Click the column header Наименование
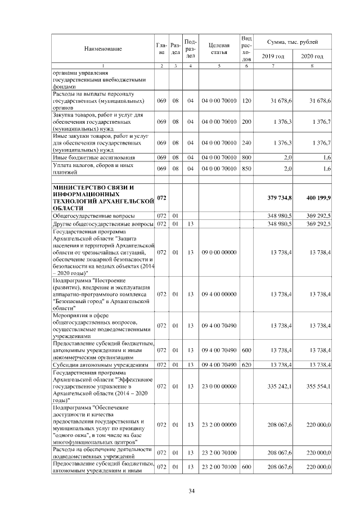pos(103,49)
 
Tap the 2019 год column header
pos(273,57)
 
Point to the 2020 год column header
pos(312,57)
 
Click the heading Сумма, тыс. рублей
pos(292,42)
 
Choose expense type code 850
pos(246,169)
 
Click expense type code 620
pos(246,365)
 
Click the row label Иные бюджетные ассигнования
pos(89,158)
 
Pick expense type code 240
pos(246,143)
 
